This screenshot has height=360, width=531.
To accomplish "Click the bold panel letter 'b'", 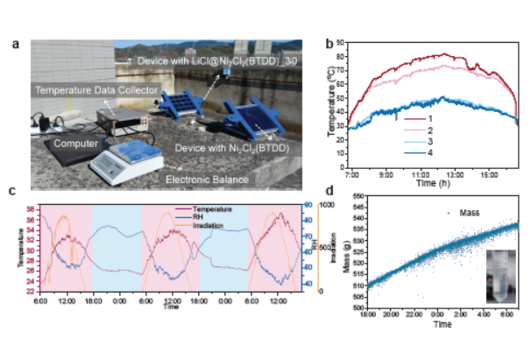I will coord(329,42).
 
